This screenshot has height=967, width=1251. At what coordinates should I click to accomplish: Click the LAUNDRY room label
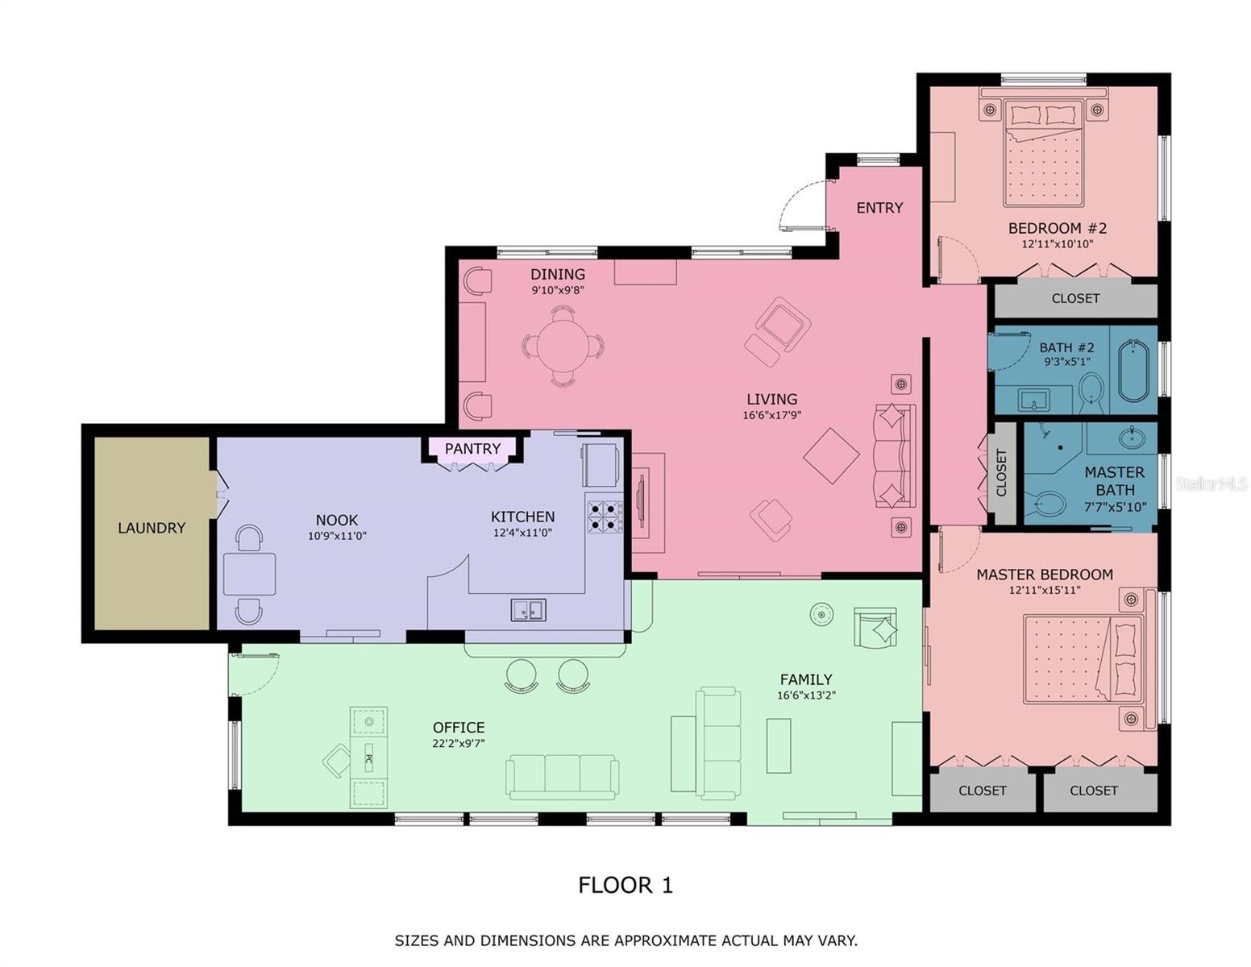(x=152, y=528)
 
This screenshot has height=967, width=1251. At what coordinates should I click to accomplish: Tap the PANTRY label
(x=472, y=448)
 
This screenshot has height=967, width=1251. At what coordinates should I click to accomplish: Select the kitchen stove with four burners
(x=605, y=517)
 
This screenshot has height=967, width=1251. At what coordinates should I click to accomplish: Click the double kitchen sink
(x=528, y=610)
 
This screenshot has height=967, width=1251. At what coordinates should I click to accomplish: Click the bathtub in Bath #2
(x=1133, y=371)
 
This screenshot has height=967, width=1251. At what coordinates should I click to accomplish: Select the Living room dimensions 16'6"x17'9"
(x=772, y=414)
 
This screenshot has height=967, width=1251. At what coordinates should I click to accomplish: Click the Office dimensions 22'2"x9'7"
(x=459, y=743)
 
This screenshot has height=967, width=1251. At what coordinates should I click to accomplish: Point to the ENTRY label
(x=879, y=208)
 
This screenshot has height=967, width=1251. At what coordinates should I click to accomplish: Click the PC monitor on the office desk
(x=368, y=759)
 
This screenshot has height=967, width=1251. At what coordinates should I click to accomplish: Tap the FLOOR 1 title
(x=625, y=885)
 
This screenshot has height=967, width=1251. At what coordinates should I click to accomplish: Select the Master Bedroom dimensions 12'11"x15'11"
(x=1045, y=590)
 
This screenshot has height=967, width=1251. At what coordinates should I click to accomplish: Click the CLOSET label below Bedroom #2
(x=1075, y=298)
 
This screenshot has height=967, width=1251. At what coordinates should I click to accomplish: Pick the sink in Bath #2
(x=1034, y=399)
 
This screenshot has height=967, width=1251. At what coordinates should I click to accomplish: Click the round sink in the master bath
(x=1132, y=438)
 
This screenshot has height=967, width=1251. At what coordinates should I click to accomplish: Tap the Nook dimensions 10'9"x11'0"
(x=337, y=536)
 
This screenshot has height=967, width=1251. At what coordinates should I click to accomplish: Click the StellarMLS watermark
(x=1211, y=483)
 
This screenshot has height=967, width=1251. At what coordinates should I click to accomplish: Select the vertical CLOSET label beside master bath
(x=1002, y=474)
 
